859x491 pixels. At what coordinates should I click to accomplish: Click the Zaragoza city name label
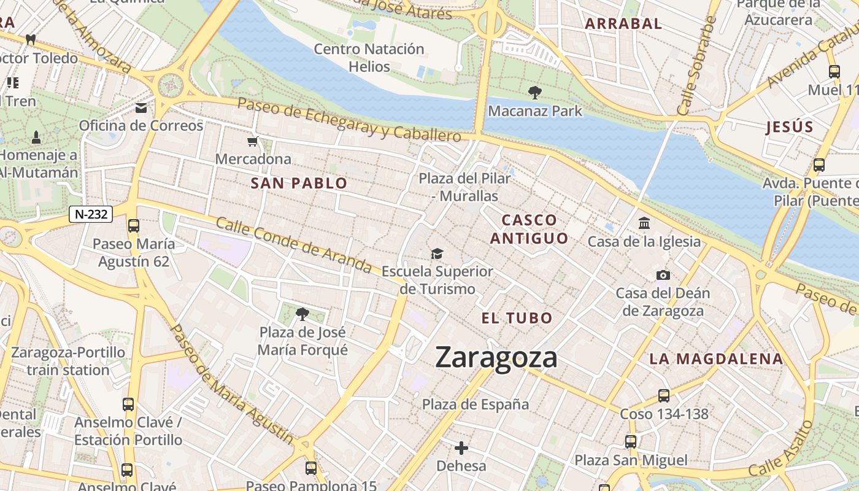pyautogui.click(x=496, y=358)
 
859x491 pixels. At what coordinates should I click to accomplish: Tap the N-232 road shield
pyautogui.click(x=91, y=214)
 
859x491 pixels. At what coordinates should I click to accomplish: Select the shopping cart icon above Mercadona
pyautogui.click(x=252, y=142)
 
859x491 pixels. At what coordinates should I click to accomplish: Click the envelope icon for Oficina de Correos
pyautogui.click(x=141, y=109)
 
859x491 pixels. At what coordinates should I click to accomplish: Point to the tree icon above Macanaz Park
pyautogui.click(x=534, y=93)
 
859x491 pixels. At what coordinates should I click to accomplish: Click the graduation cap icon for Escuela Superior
pyautogui.click(x=436, y=253)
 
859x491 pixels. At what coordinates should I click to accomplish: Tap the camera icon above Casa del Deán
pyautogui.click(x=663, y=275)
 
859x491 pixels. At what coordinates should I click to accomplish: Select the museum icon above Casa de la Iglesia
pyautogui.click(x=644, y=223)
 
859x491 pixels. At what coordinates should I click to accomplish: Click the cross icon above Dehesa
pyautogui.click(x=461, y=448)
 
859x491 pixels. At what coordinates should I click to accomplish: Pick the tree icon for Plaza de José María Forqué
pyautogui.click(x=302, y=315)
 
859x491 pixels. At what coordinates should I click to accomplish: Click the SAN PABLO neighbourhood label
pyautogui.click(x=299, y=183)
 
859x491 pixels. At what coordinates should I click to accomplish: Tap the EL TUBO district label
pyautogui.click(x=517, y=318)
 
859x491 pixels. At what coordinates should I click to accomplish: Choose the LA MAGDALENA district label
pyautogui.click(x=716, y=359)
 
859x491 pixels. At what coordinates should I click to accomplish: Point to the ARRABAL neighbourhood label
pyautogui.click(x=623, y=24)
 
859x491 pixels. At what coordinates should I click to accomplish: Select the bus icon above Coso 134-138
pyautogui.click(x=663, y=396)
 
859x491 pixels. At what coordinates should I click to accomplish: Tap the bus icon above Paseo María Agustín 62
pyautogui.click(x=134, y=226)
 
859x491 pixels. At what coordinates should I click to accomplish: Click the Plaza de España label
pyautogui.click(x=476, y=404)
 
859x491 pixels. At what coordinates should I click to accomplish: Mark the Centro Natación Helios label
pyautogui.click(x=369, y=58)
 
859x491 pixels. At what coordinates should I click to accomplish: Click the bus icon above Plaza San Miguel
pyautogui.click(x=631, y=442)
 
